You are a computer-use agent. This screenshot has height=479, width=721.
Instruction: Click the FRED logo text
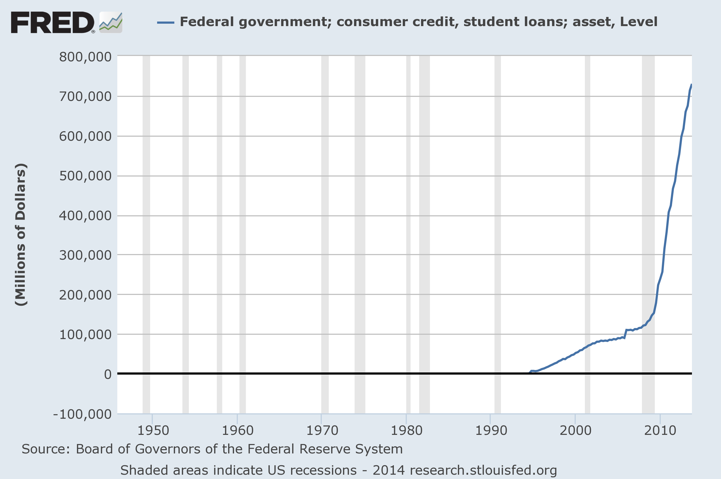52,22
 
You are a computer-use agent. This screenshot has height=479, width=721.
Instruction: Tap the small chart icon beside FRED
111,22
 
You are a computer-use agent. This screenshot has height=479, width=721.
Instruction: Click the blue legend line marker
165,22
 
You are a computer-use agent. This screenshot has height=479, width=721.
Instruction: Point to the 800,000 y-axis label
85,57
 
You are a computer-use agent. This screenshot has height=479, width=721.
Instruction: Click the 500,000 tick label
85,176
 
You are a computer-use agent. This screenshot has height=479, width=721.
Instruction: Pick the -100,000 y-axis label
82,414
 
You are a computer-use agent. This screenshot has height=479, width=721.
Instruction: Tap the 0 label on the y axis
108,374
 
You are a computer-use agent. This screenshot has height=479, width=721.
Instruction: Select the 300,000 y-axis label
85,255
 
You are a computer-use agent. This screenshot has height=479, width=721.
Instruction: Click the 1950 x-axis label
153,431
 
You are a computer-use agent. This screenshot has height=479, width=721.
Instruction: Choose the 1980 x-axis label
407,431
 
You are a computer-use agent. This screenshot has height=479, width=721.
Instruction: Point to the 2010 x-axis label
660,431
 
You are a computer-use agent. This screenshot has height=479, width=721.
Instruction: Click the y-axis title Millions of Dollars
21,235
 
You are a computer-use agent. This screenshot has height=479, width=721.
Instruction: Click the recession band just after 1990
497,232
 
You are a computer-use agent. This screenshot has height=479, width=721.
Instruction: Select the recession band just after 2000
587,232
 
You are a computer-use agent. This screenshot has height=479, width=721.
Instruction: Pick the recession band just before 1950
146,232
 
